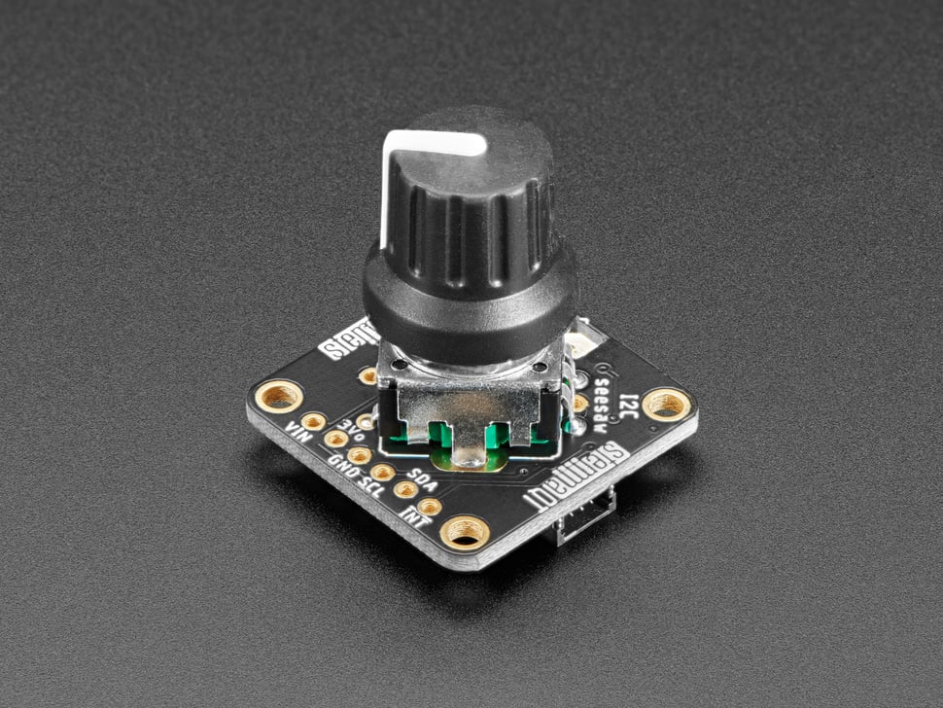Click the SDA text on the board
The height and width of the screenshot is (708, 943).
coord(420,476)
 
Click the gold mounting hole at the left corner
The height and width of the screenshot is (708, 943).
coord(280,397)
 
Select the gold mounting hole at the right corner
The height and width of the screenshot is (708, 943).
coord(667,403)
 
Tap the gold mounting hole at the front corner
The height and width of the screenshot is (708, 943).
coord(464,531)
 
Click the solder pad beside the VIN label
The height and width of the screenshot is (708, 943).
coord(313,421)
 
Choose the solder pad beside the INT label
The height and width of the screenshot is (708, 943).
coord(429,506)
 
